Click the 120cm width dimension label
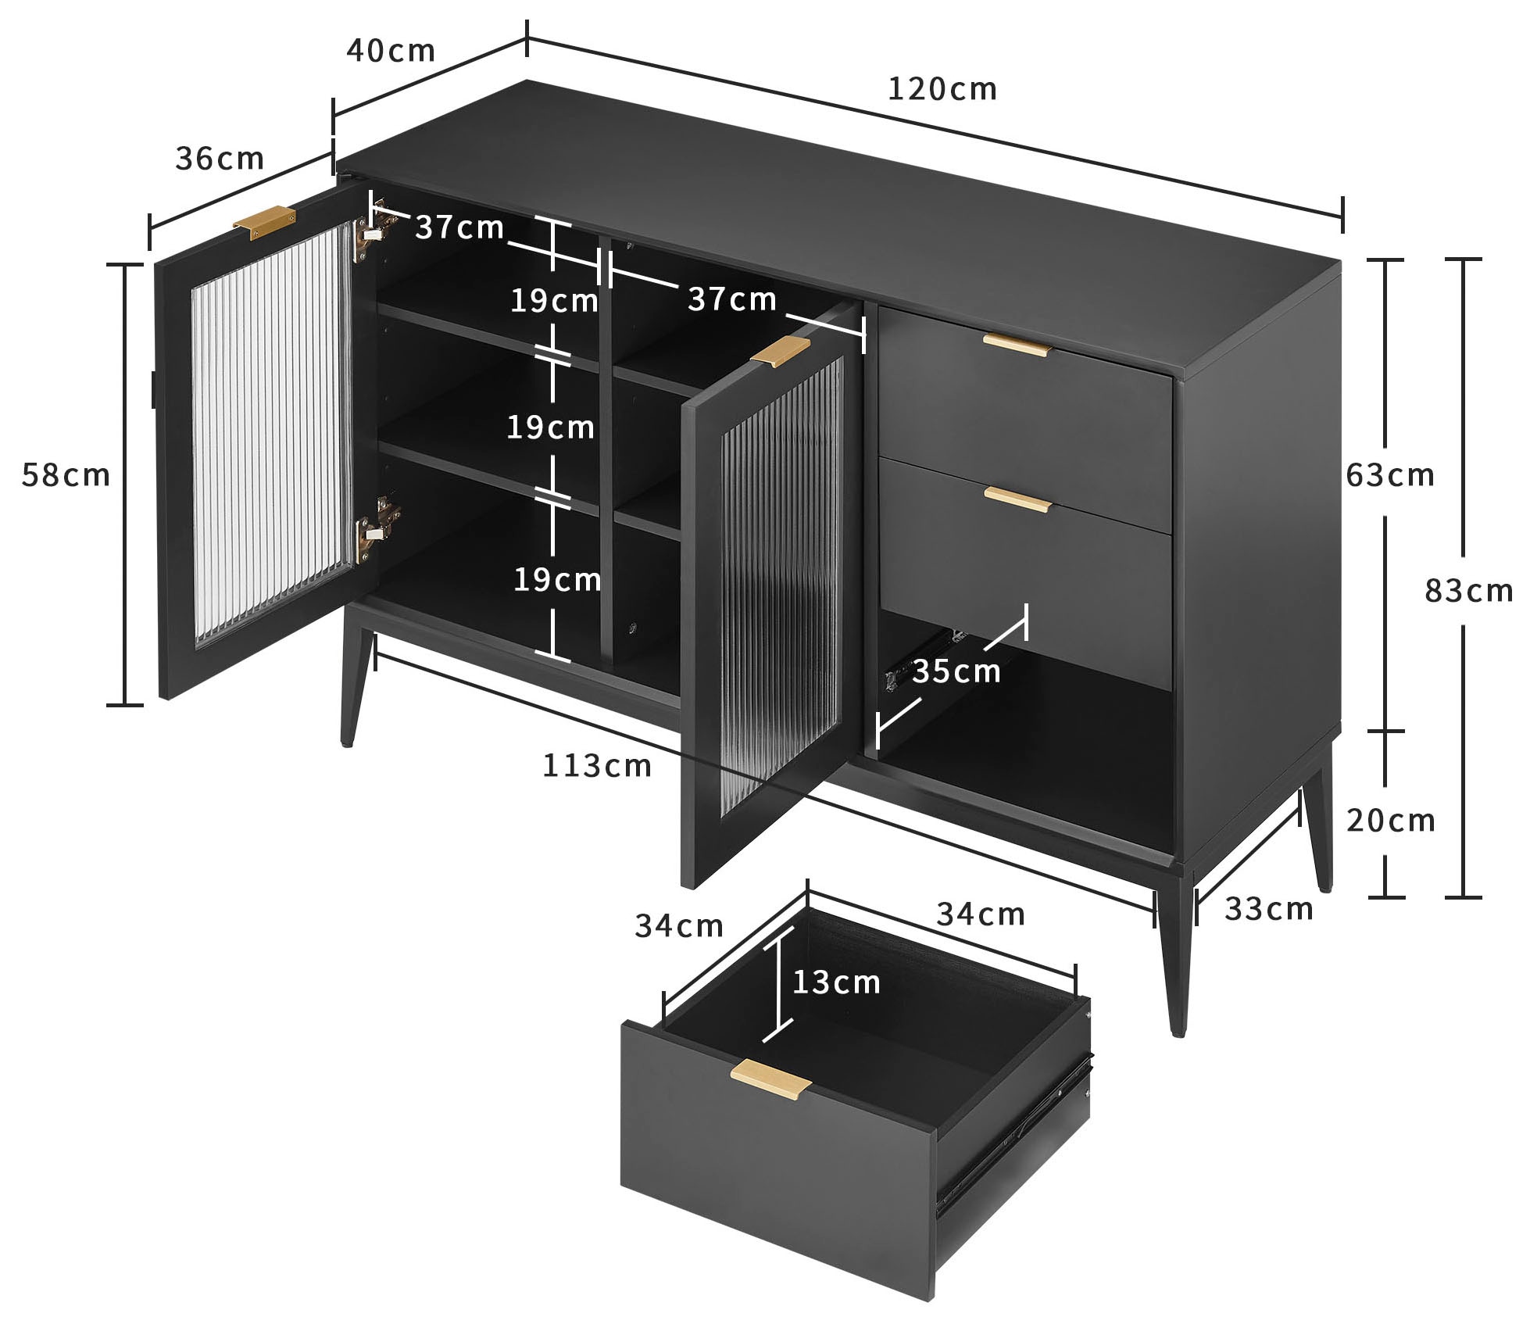click(x=942, y=90)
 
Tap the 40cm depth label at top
click(x=390, y=51)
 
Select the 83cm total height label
click(x=1468, y=591)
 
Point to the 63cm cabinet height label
click(x=1390, y=475)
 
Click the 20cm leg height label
click(x=1390, y=820)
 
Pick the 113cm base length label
click(x=596, y=766)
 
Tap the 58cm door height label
click(x=66, y=475)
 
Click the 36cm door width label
click(x=220, y=159)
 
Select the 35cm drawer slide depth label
click(x=956, y=671)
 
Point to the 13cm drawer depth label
click(x=836, y=982)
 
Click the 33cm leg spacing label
click(x=1268, y=909)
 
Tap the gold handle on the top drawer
click(x=1017, y=345)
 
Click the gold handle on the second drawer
click(x=1017, y=499)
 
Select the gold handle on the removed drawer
click(x=770, y=1081)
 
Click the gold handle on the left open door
click(x=264, y=219)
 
